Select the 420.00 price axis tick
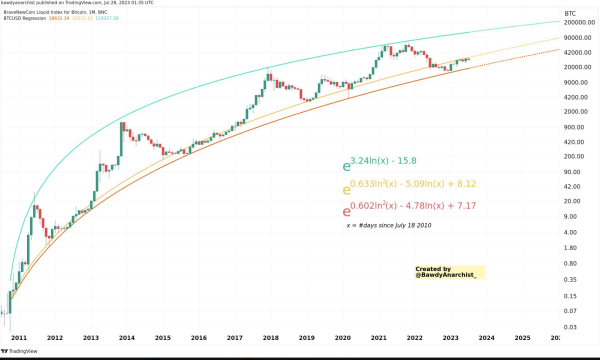575,142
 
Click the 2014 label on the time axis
127,339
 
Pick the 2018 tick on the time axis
270,339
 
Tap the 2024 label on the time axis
486,339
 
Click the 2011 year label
19,339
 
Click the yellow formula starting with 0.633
408,186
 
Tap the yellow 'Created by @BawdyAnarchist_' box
449,271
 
